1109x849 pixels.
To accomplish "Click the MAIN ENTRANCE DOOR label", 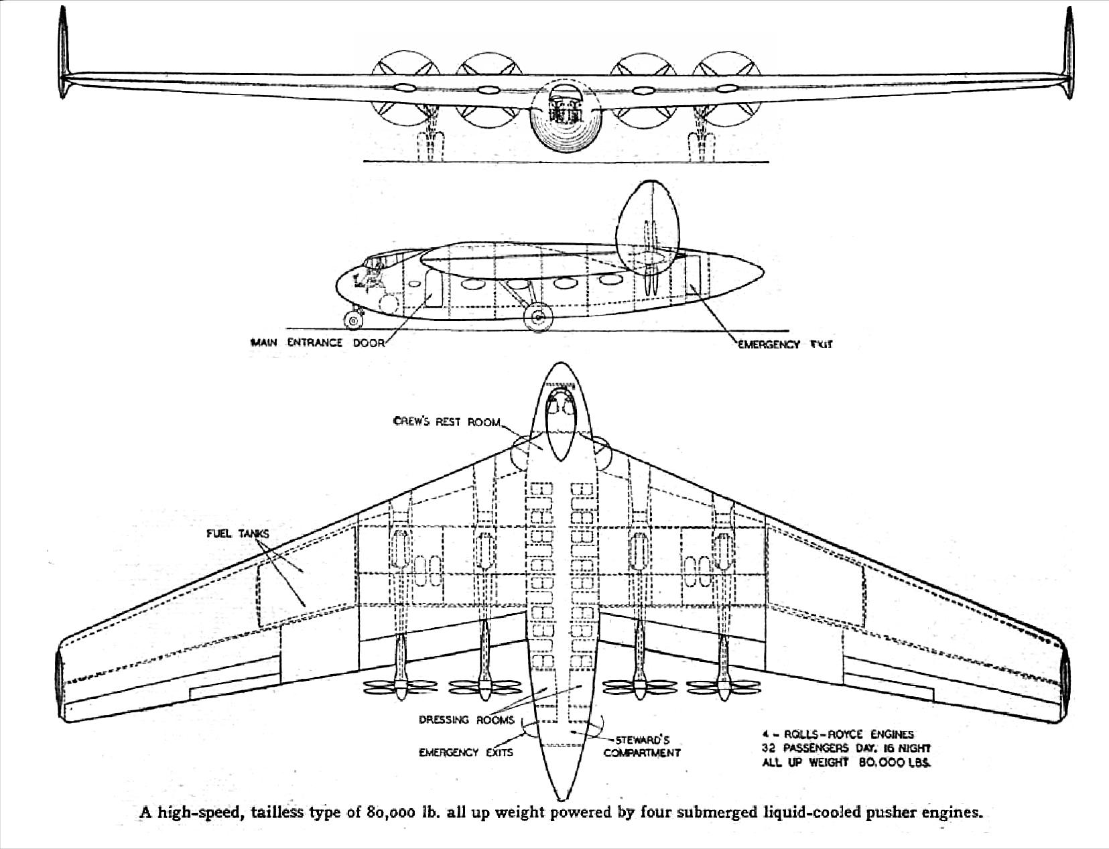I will coord(318,342).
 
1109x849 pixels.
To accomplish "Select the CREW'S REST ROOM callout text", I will coord(446,421).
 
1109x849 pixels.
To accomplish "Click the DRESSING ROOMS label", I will coord(466,720).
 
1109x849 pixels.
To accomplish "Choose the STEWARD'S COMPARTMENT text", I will coord(642,746).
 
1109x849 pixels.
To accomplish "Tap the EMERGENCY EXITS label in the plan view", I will coord(466,752).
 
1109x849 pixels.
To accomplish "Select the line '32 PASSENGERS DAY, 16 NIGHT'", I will coord(846,748).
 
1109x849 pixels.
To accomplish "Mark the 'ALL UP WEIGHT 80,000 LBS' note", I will coord(847,763).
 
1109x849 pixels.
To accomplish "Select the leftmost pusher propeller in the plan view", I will coord(400,686).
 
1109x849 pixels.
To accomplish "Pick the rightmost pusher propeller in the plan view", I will coord(724,686).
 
